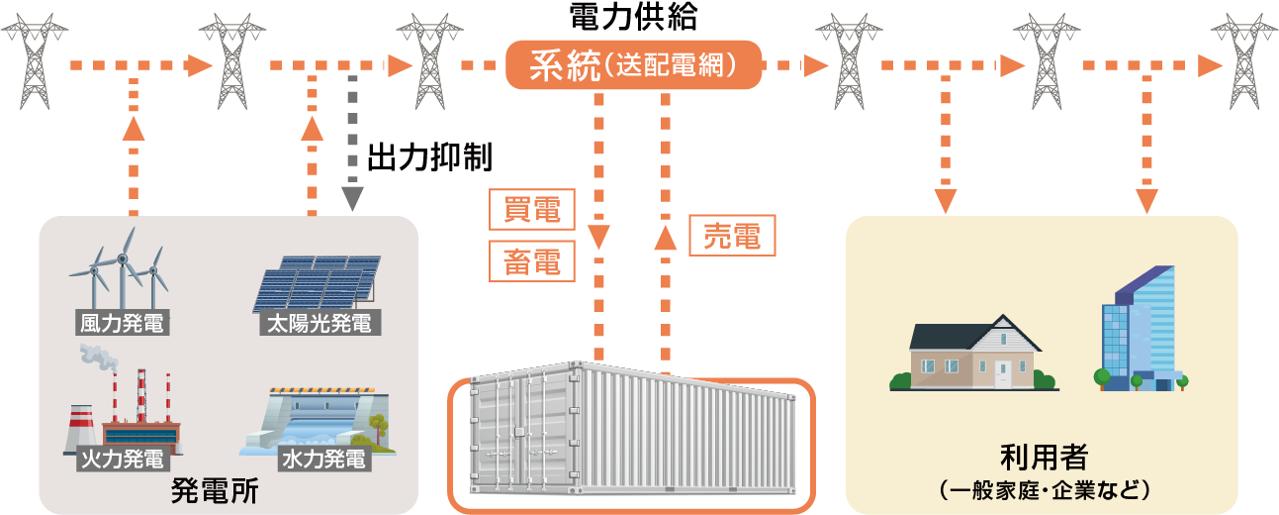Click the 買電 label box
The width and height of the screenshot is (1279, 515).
point(532,210)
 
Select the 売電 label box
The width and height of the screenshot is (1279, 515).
point(732,236)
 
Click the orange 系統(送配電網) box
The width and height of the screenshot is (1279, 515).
point(633,65)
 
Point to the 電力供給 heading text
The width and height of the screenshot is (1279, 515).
point(633,16)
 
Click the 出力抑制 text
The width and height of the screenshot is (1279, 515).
point(429,157)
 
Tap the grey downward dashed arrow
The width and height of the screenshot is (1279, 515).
point(352,139)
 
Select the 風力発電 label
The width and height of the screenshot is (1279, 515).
point(121,323)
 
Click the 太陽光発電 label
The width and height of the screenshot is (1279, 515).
point(319,323)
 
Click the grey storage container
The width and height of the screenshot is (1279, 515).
point(631,436)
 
